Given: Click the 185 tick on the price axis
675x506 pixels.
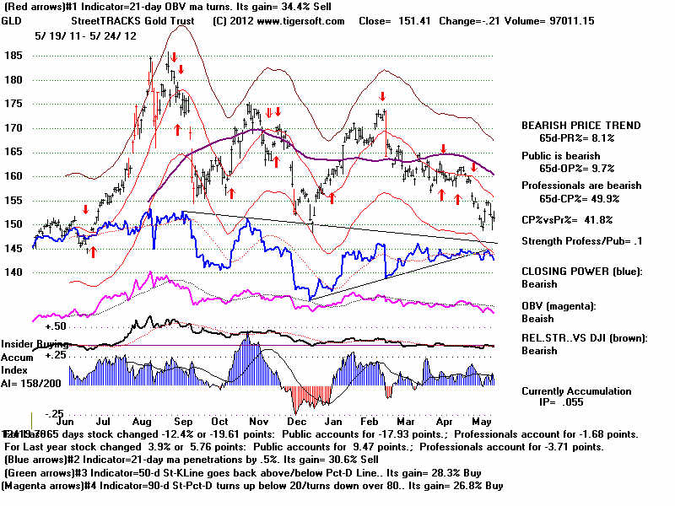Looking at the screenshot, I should click(x=13, y=56).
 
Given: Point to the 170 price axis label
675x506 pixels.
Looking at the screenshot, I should click(x=13, y=128).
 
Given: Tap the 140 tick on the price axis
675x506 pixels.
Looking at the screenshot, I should click(x=13, y=272).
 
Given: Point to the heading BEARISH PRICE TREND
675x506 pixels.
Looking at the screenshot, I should click(x=580, y=126).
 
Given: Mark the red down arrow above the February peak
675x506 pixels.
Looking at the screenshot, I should click(x=382, y=97).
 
